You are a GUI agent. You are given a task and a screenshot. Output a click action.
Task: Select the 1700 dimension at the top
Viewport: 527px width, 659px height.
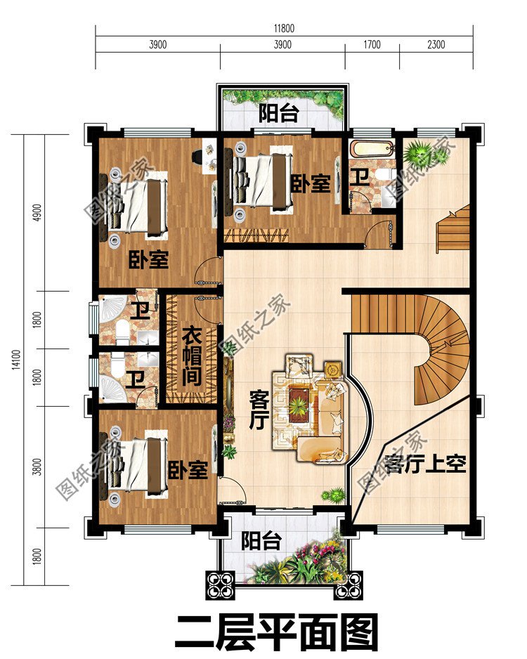372,44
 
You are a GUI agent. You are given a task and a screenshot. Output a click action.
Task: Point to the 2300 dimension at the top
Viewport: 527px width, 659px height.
436,44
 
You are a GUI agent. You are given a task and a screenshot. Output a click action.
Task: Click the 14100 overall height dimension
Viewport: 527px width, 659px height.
16,358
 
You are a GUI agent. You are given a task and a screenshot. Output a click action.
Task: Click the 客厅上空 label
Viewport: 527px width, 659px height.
425,464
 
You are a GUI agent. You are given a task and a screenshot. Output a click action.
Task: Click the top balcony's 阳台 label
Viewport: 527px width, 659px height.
279,112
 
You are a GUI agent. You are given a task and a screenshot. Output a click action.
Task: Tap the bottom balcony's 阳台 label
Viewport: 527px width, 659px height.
261,541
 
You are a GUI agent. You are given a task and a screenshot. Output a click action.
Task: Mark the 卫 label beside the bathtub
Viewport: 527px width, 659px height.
360,178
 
